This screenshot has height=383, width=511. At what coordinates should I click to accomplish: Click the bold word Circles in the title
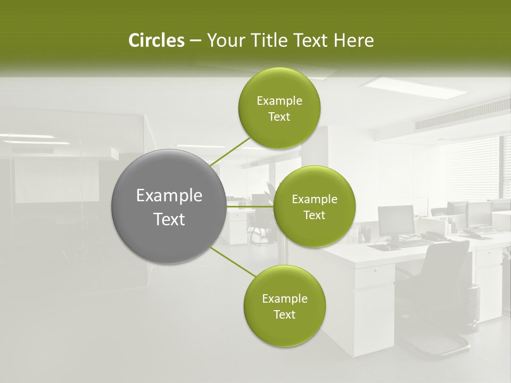156,40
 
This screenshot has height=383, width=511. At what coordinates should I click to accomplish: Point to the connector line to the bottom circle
233,262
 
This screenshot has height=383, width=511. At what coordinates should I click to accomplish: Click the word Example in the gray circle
169,196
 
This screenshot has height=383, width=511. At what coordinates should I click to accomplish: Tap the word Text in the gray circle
169,219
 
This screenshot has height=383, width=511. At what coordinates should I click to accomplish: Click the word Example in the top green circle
279,101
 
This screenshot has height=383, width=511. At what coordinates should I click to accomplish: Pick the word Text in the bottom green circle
284,314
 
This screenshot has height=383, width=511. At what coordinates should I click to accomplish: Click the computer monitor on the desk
396,220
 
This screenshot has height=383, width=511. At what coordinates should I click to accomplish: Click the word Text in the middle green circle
314,215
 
